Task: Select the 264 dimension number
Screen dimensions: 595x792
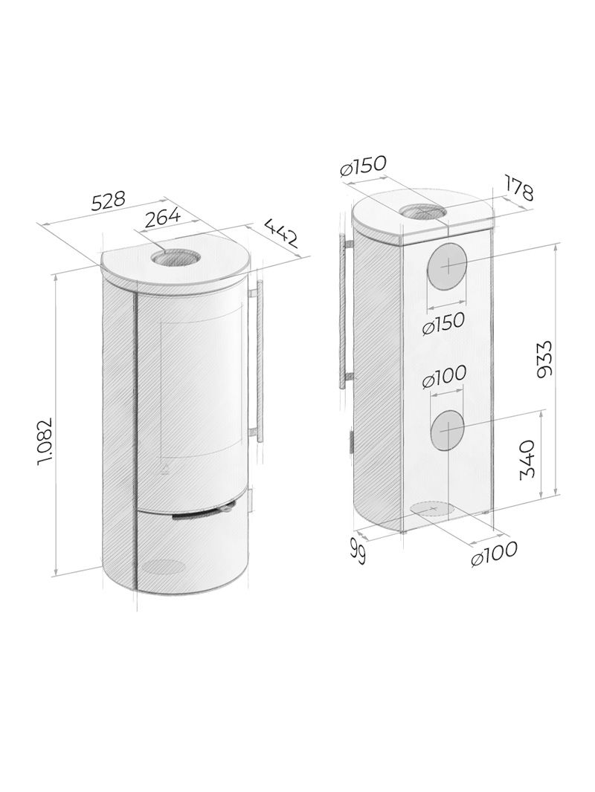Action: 162,217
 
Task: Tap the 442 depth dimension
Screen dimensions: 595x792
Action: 280,233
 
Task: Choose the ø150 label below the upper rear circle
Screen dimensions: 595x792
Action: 443,322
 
